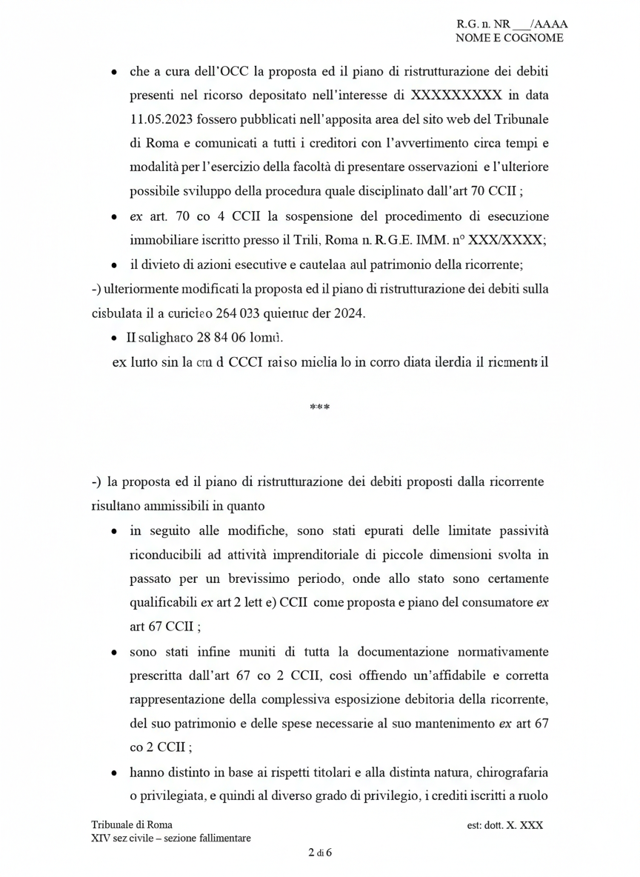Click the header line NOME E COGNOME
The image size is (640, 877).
click(x=509, y=38)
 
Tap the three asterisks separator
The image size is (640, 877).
click(x=319, y=407)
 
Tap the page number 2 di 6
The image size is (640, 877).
click(x=319, y=852)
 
